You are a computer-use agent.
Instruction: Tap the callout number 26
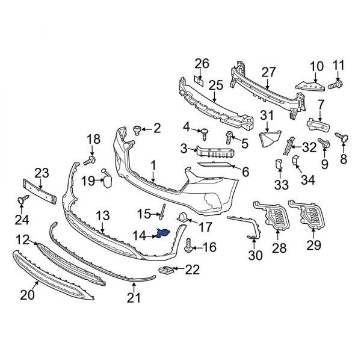coord(202,63)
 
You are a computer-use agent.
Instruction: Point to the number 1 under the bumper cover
coord(153,164)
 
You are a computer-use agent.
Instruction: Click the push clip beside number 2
coord(138,128)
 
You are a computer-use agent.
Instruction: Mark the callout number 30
coord(255,255)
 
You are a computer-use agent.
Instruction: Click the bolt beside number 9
coord(324,145)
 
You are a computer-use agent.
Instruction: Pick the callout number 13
coord(103,215)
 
